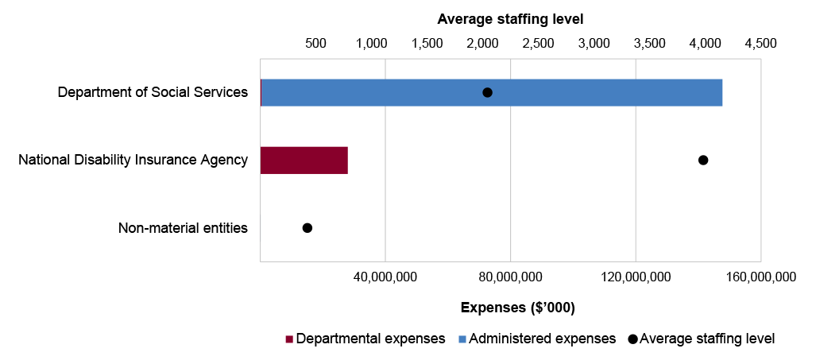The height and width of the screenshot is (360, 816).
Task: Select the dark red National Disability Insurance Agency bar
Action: click(x=304, y=161)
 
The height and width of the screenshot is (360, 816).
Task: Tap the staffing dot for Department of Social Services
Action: click(x=487, y=93)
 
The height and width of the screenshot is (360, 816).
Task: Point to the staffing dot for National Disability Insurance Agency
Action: click(x=702, y=161)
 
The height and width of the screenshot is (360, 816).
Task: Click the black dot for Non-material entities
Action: click(x=307, y=228)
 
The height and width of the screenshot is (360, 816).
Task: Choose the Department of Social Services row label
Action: click(x=153, y=92)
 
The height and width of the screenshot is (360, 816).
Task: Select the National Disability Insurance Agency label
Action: click(x=133, y=161)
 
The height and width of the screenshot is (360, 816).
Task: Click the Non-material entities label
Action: click(x=183, y=228)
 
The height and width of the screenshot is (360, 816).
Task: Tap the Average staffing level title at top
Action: click(x=510, y=17)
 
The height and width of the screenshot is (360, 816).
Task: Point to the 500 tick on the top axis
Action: click(x=316, y=43)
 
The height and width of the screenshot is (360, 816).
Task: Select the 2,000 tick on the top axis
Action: click(x=482, y=43)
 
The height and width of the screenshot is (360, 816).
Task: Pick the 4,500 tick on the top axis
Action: click(x=760, y=43)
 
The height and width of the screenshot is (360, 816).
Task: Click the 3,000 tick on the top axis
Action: click(x=594, y=43)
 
